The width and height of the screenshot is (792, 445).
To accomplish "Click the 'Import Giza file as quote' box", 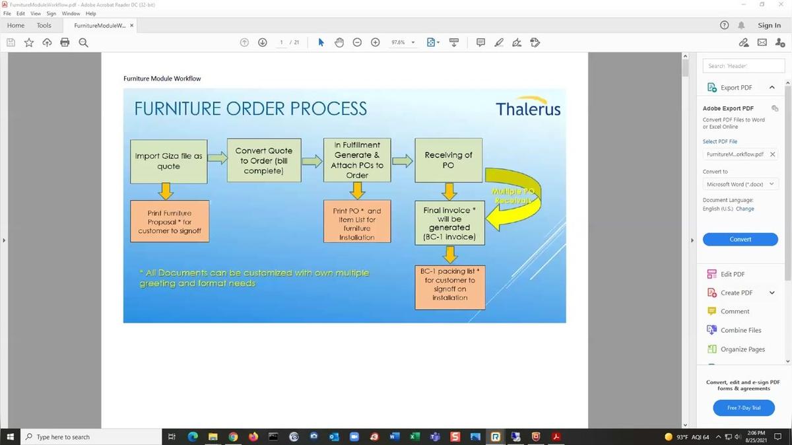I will [168, 161].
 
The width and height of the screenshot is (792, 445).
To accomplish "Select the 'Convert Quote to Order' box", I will [263, 160].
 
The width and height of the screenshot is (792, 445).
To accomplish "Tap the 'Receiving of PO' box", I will [448, 160].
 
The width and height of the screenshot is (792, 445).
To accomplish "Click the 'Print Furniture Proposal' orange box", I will [170, 222].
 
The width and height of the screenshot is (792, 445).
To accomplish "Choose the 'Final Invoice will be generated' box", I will [449, 223].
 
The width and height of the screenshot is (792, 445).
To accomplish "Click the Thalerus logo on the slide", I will [528, 109].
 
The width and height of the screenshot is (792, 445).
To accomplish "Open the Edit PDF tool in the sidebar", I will [733, 274].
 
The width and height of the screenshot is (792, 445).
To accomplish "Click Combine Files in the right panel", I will [741, 330].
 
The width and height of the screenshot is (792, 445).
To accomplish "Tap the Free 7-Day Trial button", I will [744, 408].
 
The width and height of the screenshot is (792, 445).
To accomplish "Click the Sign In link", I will [769, 25].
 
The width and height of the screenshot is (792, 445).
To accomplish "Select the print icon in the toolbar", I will [65, 42].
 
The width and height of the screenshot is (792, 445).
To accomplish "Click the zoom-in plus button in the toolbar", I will [376, 42].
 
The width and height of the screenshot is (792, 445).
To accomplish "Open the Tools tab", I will [44, 25].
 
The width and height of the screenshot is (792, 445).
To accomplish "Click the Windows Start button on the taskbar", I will [10, 436].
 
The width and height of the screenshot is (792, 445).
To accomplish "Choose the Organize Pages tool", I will [742, 349].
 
